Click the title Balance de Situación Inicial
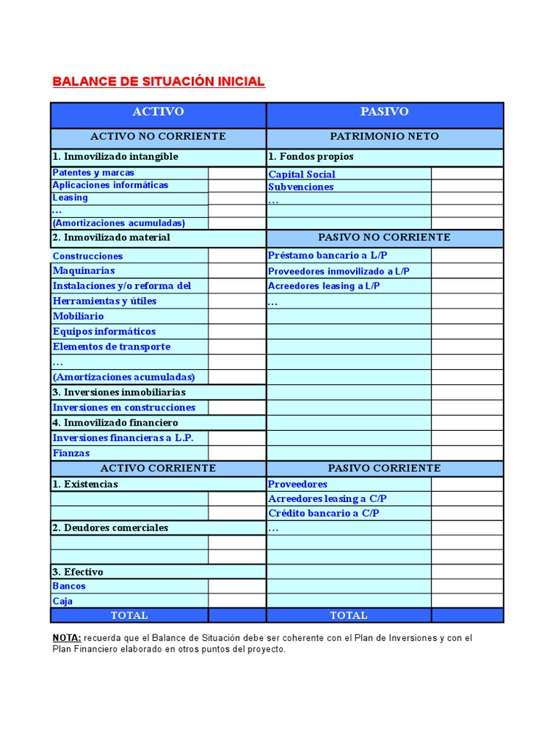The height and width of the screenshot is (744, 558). (x=158, y=81)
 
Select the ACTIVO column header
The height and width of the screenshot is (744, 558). (x=158, y=112)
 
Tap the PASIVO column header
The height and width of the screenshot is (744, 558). (x=384, y=112)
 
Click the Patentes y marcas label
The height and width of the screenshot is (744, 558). (x=93, y=173)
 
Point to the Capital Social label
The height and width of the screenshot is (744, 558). (x=302, y=174)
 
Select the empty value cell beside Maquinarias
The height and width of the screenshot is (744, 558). (x=237, y=271)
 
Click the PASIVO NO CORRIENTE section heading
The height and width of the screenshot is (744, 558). (x=384, y=238)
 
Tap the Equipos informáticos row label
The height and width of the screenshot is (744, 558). (x=104, y=331)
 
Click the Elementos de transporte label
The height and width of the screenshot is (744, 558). (x=111, y=347)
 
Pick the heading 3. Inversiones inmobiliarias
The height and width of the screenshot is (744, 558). (x=118, y=392)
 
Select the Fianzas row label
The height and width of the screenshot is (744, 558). (x=71, y=453)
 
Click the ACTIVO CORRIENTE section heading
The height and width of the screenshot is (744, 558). (x=158, y=469)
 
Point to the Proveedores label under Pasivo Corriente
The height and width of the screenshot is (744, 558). (x=298, y=484)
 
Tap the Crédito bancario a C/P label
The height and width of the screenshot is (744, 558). (x=323, y=513)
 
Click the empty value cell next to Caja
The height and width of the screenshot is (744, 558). (x=237, y=601)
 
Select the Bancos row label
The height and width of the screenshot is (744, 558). (x=69, y=586)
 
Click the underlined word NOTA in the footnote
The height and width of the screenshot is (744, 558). (x=66, y=638)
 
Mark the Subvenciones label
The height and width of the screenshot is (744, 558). (x=301, y=187)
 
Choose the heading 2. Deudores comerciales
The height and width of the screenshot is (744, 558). (x=110, y=528)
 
